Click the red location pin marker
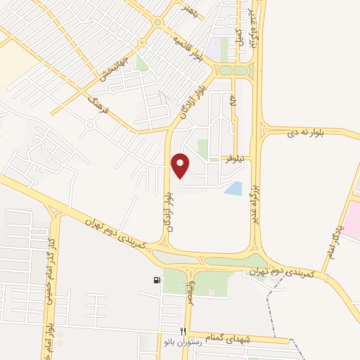pos(181,165)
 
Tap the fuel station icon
pos(156,280)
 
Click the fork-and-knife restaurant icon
pos(184,330)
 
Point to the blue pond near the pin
pos(233,188)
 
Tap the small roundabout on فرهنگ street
pos(90,125)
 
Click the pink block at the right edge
pos(351,219)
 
